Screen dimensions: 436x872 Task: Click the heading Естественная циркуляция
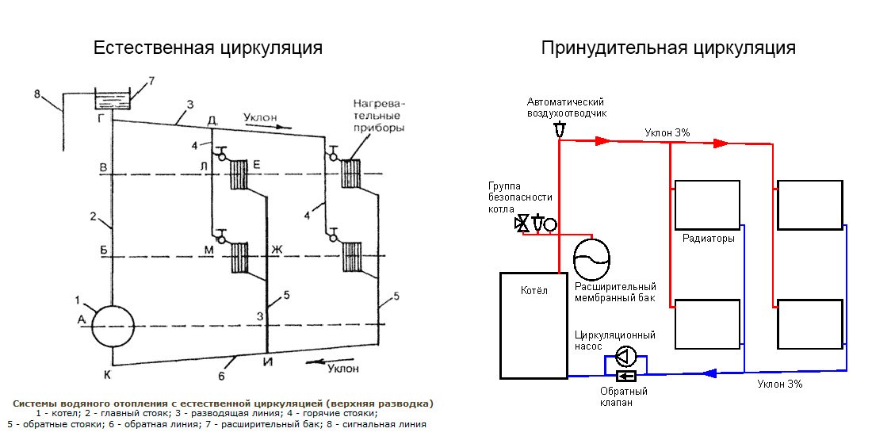(208, 48)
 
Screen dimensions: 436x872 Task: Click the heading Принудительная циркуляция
(668, 48)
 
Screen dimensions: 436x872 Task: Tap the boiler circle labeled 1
(113, 326)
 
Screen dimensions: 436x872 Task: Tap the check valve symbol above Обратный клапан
(626, 376)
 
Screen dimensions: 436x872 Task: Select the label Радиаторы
(708, 239)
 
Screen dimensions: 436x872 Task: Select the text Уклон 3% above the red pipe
(667, 132)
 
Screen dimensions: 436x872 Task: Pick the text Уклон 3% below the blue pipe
(779, 384)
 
